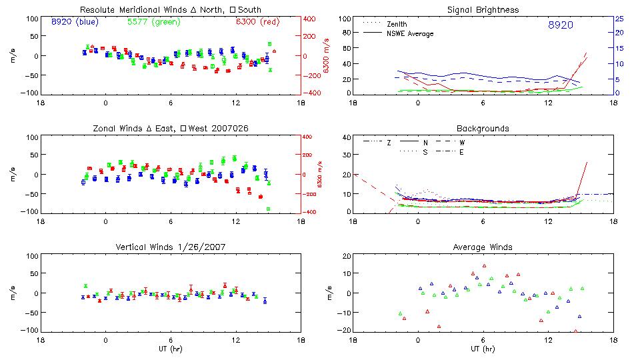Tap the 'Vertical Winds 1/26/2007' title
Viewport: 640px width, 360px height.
pyautogui.click(x=171, y=247)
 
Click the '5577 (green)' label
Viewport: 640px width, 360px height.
pyautogui.click(x=153, y=22)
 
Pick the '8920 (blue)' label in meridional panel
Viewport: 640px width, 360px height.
pyautogui.click(x=75, y=22)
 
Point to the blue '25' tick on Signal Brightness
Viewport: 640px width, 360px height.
pyautogui.click(x=619, y=19)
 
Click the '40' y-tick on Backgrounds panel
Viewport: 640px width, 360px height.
pyautogui.click(x=345, y=138)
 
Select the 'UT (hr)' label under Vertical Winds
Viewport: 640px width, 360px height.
pyautogui.click(x=171, y=349)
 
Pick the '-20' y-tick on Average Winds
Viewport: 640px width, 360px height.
pyautogui.click(x=344, y=330)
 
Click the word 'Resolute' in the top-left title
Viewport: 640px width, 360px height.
pyautogui.click(x=97, y=10)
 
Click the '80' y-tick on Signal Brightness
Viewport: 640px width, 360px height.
pyautogui.click(x=345, y=34)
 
